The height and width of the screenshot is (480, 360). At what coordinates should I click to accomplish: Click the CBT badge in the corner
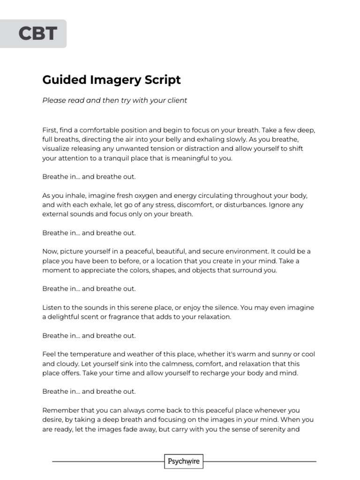point(37,34)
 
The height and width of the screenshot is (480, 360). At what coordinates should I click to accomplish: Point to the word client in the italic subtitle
point(176,100)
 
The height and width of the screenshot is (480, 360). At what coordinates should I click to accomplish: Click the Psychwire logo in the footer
point(184,462)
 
